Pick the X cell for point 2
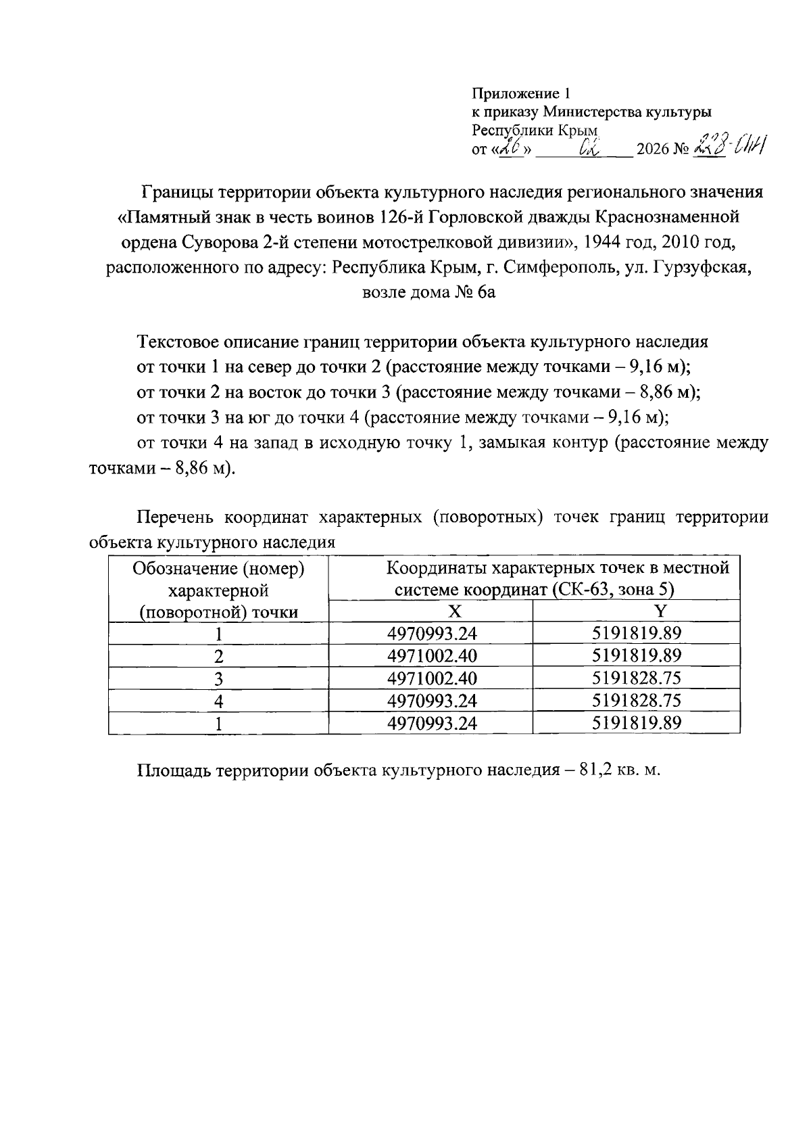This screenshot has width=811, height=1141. (431, 656)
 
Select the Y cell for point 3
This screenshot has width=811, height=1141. (636, 678)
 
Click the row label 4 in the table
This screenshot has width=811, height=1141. (218, 701)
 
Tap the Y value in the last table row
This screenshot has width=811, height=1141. (636, 723)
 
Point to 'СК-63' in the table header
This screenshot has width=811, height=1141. (574, 590)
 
